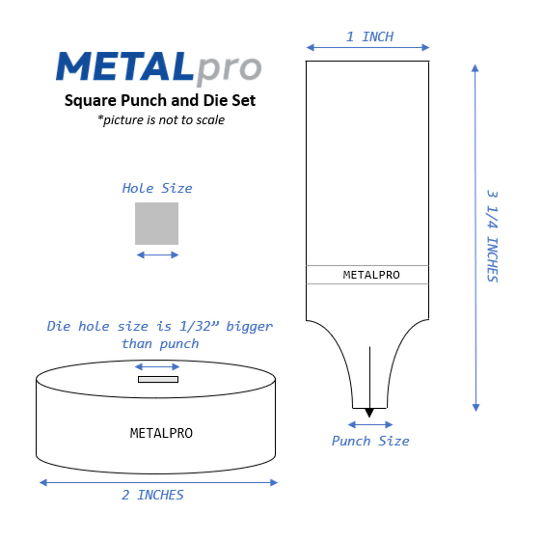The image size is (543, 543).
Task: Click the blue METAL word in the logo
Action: coord(125,66)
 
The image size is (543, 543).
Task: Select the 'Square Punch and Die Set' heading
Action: coord(160,101)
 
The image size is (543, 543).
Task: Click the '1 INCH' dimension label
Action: coord(369,37)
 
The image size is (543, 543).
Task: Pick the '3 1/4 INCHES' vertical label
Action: coord(492,236)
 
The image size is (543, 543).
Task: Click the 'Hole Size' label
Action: coord(157,188)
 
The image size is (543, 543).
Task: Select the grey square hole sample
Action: coord(157,223)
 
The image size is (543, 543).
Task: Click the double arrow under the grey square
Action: coord(157,255)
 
